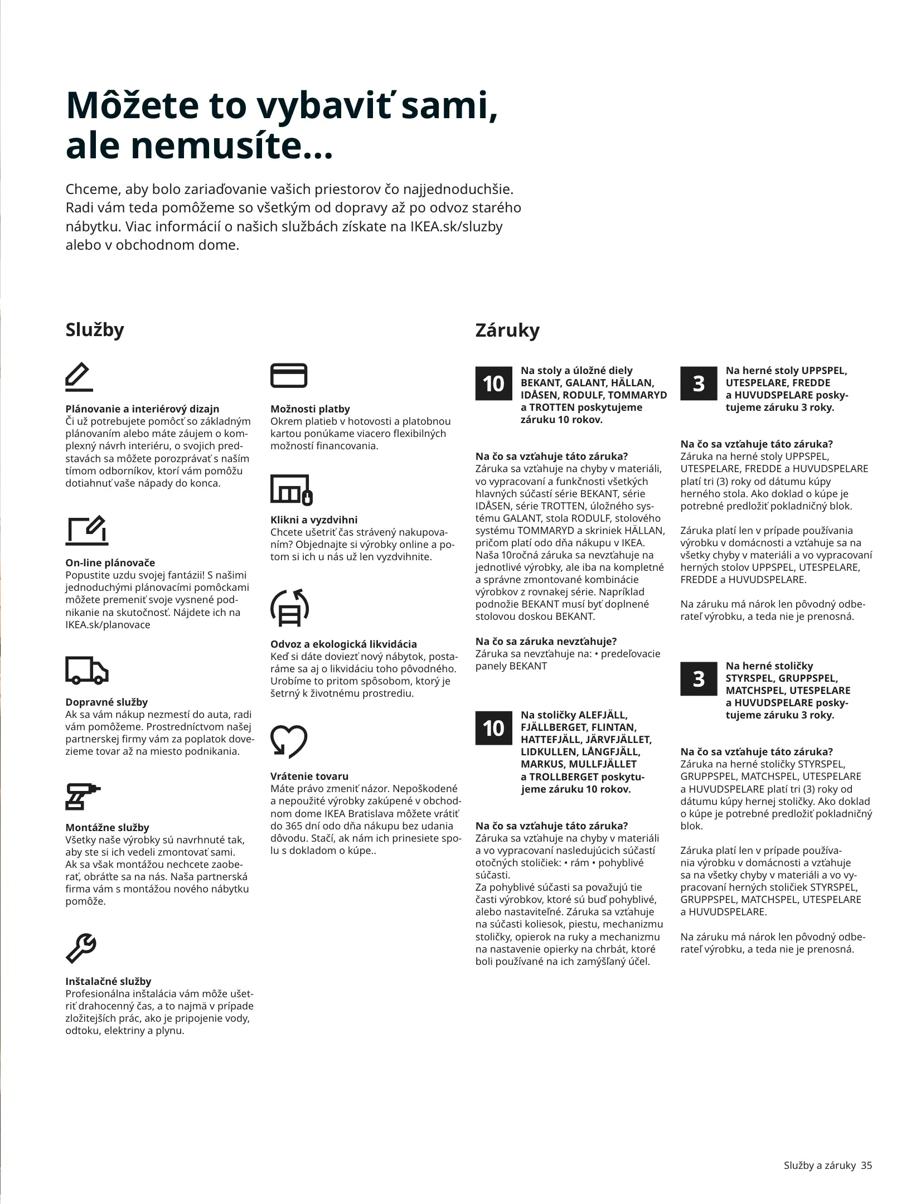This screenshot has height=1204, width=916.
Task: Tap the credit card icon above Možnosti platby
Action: [288, 375]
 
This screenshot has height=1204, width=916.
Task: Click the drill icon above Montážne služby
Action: [82, 796]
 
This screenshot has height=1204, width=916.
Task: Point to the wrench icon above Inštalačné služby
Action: [81, 949]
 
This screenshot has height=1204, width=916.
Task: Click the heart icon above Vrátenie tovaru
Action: [288, 741]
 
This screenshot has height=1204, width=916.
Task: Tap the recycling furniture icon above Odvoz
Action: [289, 607]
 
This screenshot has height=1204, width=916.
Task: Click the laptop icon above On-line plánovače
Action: [86, 530]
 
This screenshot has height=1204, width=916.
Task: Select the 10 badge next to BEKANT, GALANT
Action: [493, 383]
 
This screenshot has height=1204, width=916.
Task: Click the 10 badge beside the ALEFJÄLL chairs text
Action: [493, 728]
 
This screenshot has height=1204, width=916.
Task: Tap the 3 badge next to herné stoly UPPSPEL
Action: [699, 383]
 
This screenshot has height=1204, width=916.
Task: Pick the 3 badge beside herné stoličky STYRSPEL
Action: [699, 679]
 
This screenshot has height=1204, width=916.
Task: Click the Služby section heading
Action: [95, 329]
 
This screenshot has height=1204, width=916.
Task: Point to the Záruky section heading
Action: [507, 330]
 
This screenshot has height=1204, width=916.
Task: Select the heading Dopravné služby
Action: [106, 702]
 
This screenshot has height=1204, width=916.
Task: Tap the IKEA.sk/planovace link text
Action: [108, 624]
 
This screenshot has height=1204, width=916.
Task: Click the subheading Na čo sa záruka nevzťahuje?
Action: [546, 641]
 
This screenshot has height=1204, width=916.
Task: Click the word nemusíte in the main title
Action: [217, 146]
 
